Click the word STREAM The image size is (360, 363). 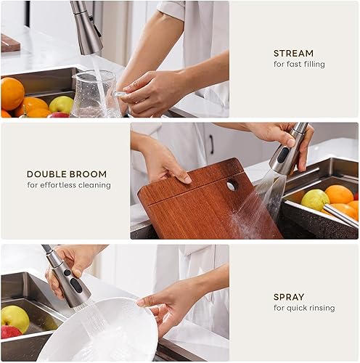coord(293,53)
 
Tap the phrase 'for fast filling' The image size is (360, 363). coord(298,65)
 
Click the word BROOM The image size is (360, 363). coord(89,174)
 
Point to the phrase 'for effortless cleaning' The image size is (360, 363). coord(69,185)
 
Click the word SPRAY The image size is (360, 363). coord(288,297)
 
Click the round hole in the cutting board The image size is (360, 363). coord(232,185)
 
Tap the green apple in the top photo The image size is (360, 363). coord(62,105)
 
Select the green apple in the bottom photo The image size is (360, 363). coord(15,318)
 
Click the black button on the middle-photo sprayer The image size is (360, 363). coord(282,155)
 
